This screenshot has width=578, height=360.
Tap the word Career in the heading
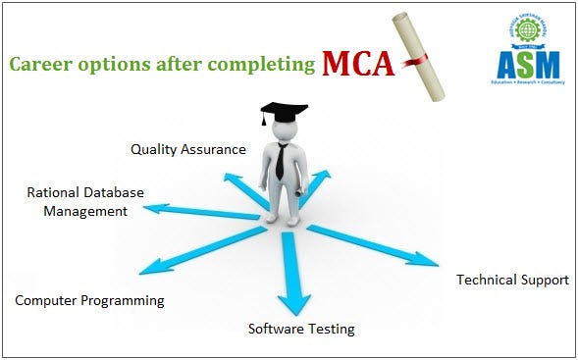click(37, 65)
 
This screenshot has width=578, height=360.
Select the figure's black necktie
click(280, 161)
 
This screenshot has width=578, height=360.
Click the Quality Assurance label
click(188, 149)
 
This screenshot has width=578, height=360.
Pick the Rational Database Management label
click(84, 201)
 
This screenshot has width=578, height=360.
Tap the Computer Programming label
click(89, 300)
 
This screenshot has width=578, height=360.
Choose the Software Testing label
click(300, 328)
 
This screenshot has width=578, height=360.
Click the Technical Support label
click(512, 280)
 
